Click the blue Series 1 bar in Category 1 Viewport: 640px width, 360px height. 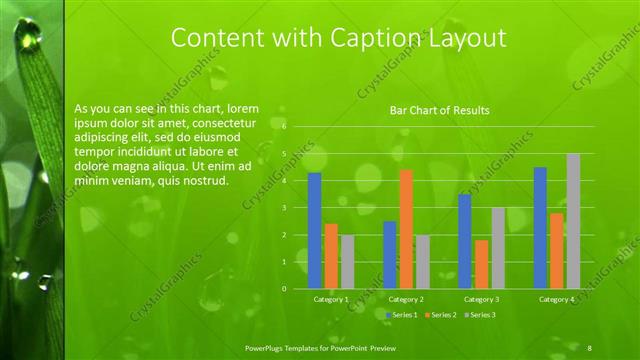point(314,230)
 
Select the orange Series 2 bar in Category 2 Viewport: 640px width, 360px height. point(406,229)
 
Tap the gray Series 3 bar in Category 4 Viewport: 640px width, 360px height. point(573,221)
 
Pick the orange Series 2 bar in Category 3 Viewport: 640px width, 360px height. point(481,264)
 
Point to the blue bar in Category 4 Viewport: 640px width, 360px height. point(540,228)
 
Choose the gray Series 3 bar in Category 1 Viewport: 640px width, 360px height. point(347,262)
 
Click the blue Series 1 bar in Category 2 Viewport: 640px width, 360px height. point(389,255)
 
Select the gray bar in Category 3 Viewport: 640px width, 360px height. point(498,248)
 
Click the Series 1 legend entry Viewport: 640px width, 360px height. point(403,315)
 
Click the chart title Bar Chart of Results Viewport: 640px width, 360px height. point(439,110)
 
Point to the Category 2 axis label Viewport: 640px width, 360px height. point(406,299)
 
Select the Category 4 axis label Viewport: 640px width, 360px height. point(556,299)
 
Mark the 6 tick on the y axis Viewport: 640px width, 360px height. point(285,127)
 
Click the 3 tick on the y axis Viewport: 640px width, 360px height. point(285,208)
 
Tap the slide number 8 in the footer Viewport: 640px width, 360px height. point(589,346)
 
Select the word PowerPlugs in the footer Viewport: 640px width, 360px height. point(266,346)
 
